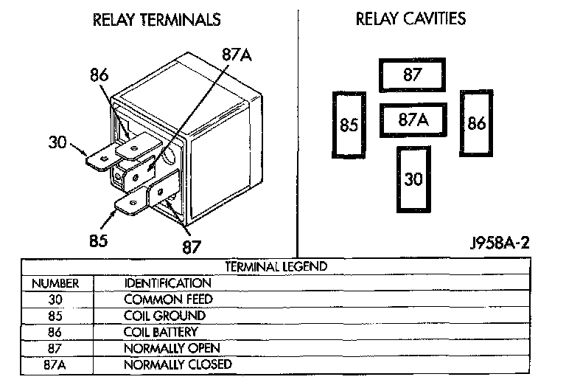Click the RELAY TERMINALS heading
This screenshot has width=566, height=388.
[x=156, y=20]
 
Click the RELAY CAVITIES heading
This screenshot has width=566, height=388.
[x=410, y=18]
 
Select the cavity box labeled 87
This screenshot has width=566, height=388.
[x=412, y=75]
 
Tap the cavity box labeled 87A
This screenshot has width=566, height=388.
[x=413, y=120]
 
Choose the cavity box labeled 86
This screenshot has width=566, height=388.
[x=477, y=123]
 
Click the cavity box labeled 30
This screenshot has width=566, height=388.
[x=413, y=179]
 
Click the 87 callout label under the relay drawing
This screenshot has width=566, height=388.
[x=192, y=245]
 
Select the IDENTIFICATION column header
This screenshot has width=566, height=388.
[x=168, y=283]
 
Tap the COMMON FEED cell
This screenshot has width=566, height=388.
[x=168, y=299]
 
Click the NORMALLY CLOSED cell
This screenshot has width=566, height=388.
[x=178, y=364]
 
